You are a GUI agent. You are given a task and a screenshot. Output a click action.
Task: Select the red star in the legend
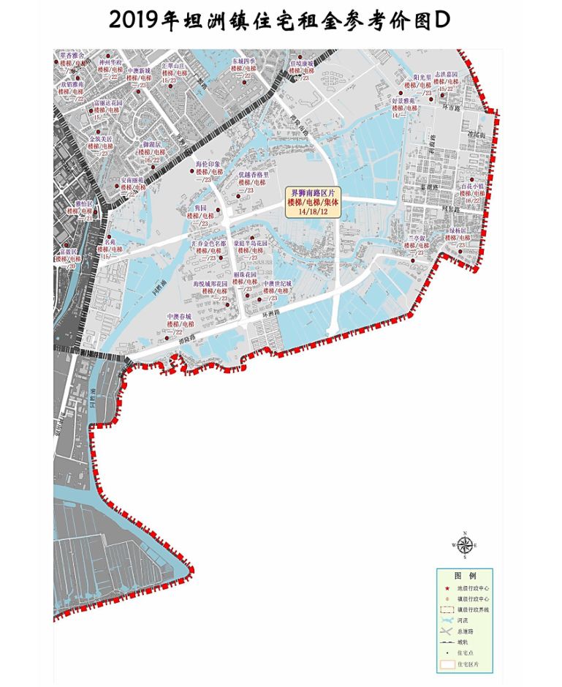coord(447,587)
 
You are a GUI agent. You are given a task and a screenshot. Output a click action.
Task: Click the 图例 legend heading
coord(465,576)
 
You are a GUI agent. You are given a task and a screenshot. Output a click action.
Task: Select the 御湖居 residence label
coord(152,145)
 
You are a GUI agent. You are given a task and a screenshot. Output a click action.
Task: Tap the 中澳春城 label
coord(179,316)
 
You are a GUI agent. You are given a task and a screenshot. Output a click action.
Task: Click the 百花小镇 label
coord(473,187)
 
